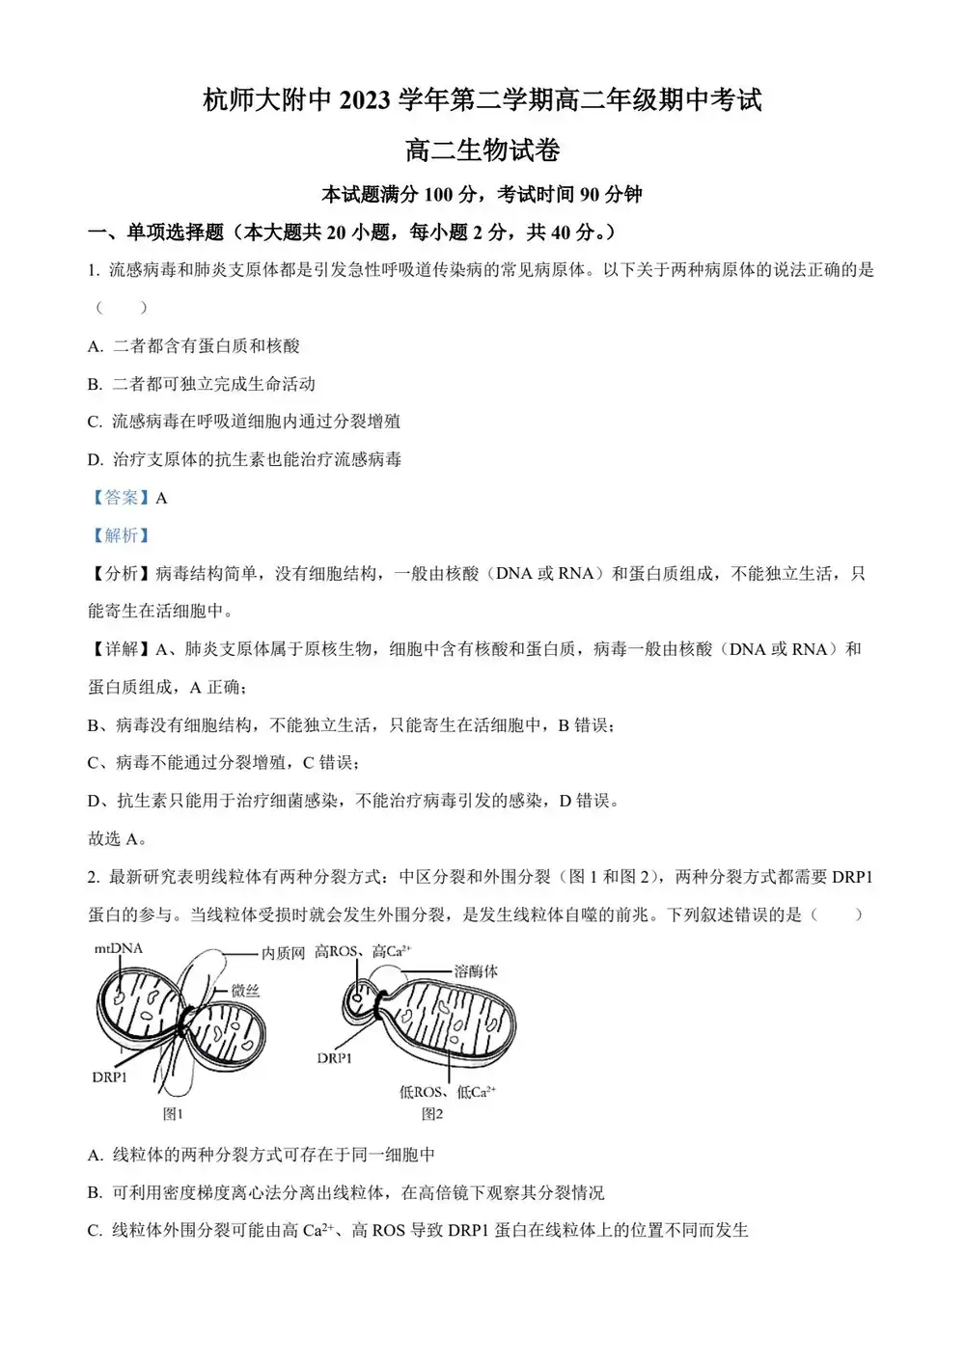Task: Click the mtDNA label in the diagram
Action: [118, 949]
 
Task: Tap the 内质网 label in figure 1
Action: [283, 953]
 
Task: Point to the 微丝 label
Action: [245, 991]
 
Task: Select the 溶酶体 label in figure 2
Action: [476, 971]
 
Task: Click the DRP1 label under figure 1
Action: [109, 1077]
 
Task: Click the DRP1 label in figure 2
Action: [334, 1058]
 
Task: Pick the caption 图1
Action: [173, 1114]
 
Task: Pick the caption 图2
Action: [432, 1114]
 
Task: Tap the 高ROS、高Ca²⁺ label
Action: [363, 952]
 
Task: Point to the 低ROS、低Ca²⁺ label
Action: [447, 1092]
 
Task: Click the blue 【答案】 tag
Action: [121, 498]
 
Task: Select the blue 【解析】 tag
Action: [121, 535]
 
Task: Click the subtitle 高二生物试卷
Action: [482, 150]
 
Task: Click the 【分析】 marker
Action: [121, 574]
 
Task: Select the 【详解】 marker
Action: [121, 649]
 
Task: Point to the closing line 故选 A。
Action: [118, 838]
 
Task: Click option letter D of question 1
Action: [95, 460]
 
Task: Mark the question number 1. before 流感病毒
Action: [94, 271]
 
